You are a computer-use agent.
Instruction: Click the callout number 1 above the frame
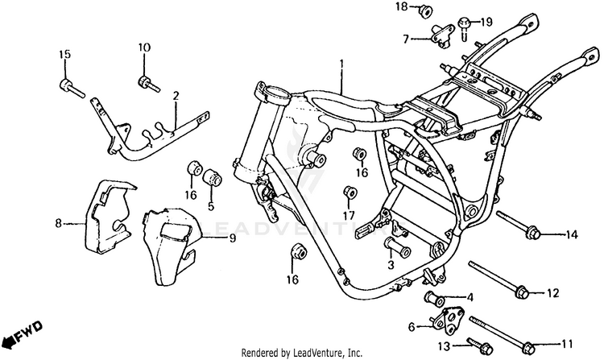(341, 63)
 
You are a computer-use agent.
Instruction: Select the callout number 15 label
(65, 54)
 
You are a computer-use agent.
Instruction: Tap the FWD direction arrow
(23, 335)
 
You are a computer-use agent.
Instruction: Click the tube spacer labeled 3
(398, 247)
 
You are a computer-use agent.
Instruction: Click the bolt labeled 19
(464, 27)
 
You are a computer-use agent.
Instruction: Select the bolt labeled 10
(149, 84)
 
